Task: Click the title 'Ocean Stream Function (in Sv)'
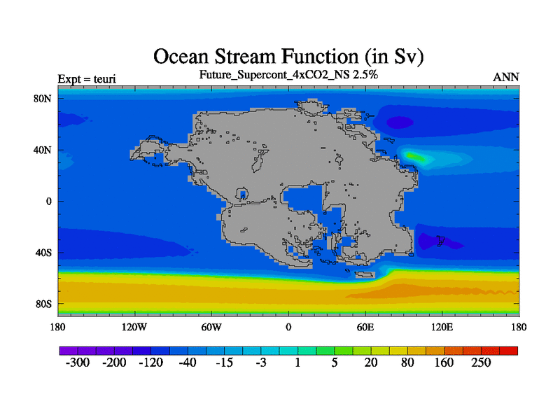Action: pos(288,57)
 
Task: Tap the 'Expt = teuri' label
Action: pos(87,78)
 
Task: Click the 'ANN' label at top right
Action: pos(506,77)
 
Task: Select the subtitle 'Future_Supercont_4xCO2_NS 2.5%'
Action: pos(288,75)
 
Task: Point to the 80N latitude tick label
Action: pos(43,99)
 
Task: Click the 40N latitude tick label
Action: pos(43,150)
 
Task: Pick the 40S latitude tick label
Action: pos(43,253)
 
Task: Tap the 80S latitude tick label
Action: pos(43,304)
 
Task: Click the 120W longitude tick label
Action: pos(134,327)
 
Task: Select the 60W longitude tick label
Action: pos(211,327)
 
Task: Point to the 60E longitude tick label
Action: pos(365,327)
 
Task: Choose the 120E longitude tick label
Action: pos(442,327)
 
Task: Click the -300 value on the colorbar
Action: pos(78,363)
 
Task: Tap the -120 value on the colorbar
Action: pos(150,363)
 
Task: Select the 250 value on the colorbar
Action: pos(481,363)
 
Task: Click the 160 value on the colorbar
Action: pos(444,363)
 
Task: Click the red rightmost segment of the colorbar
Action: pos(509,351)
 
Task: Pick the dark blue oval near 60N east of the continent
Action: pos(400,122)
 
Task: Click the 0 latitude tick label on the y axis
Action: pos(48,202)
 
